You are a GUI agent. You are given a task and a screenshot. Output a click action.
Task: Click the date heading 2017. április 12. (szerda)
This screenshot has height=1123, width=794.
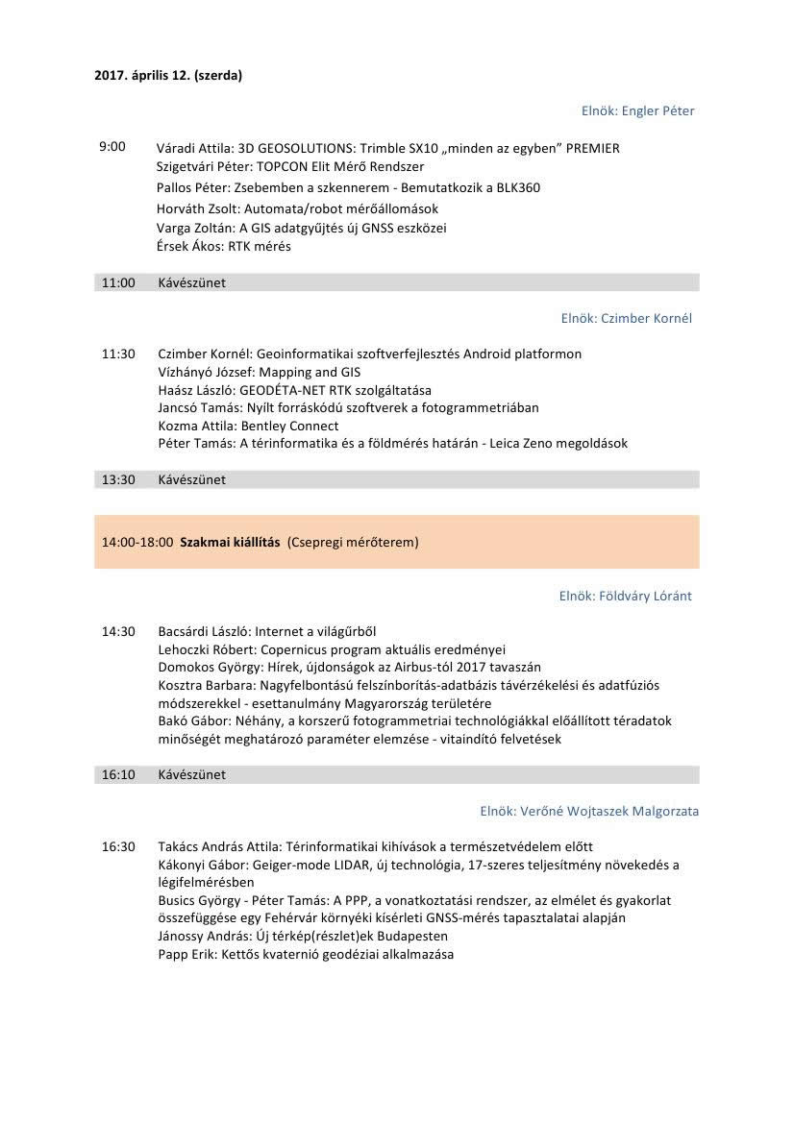point(168,76)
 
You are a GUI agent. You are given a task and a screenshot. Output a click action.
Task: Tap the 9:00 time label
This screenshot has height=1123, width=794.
point(112,147)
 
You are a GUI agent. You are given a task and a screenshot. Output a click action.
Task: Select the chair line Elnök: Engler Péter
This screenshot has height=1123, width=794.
point(637,110)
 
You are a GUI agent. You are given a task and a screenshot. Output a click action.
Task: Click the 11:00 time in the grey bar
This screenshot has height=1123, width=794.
point(118,282)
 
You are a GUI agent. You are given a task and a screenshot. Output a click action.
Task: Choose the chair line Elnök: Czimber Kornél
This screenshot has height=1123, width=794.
point(626,318)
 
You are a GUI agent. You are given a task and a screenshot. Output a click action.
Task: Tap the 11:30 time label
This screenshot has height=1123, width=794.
point(118,354)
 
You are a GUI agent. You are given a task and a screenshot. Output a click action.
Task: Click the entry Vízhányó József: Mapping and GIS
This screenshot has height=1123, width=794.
point(260,372)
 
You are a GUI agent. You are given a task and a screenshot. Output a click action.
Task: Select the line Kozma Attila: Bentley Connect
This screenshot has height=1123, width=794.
point(248,426)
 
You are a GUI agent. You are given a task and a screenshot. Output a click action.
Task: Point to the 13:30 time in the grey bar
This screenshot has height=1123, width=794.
point(118,479)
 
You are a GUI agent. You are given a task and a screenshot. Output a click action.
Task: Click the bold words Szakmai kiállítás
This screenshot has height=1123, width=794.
point(230,542)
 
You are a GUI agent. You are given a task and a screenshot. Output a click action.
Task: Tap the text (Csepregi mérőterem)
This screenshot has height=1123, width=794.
point(353,542)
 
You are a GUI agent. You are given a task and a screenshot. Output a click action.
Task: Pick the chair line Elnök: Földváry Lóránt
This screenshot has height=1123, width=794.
point(625,596)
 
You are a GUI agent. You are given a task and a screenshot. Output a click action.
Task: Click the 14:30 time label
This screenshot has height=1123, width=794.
point(118,631)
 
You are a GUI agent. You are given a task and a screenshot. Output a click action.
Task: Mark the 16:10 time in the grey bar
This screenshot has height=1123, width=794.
point(118,774)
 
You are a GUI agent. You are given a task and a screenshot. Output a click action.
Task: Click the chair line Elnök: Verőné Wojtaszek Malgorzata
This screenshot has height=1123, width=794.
point(589,811)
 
